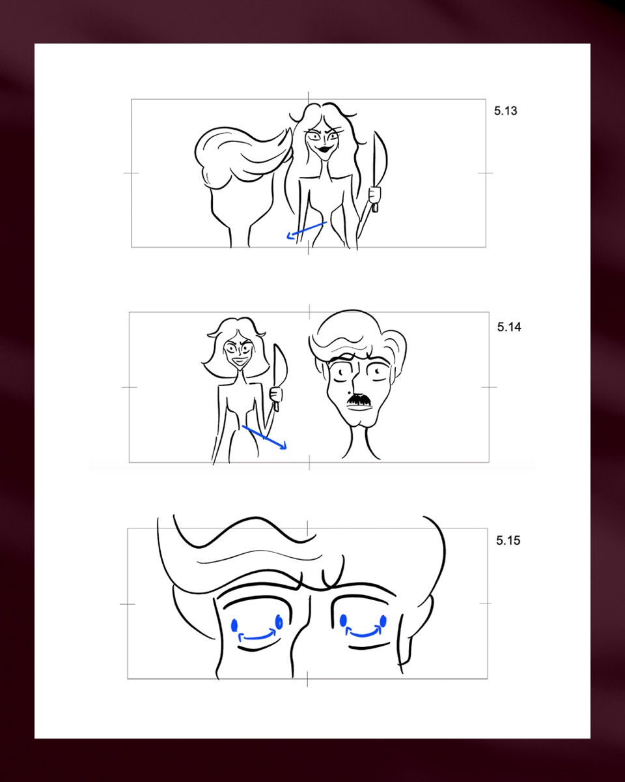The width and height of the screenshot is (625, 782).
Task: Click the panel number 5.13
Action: pyautogui.click(x=505, y=111)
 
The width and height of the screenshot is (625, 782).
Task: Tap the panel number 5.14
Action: pyautogui.click(x=508, y=327)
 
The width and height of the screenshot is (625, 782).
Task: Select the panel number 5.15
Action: pyautogui.click(x=508, y=540)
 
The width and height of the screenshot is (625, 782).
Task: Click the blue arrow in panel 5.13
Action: pyautogui.click(x=307, y=230)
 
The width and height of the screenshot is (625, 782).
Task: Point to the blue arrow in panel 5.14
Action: pyautogui.click(x=264, y=437)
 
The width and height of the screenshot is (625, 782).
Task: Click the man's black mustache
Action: pyautogui.click(x=359, y=399)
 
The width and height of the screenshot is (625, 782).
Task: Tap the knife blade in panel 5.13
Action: pyautogui.click(x=380, y=160)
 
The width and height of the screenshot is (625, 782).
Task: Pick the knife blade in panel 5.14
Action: pyautogui.click(x=280, y=366)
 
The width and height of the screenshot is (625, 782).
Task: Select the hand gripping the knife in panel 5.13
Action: pyautogui.click(x=374, y=194)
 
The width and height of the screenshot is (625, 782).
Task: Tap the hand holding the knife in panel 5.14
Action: pyautogui.click(x=276, y=395)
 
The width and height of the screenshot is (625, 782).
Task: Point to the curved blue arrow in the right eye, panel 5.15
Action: pyautogui.click(x=363, y=633)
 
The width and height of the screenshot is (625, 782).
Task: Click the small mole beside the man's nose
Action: pyautogui.click(x=349, y=393)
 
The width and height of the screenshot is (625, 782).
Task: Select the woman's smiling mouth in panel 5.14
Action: pyautogui.click(x=240, y=361)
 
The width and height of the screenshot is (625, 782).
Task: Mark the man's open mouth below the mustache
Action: pyautogui.click(x=359, y=407)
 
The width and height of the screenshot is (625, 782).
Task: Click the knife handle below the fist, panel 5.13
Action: pyautogui.click(x=375, y=207)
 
